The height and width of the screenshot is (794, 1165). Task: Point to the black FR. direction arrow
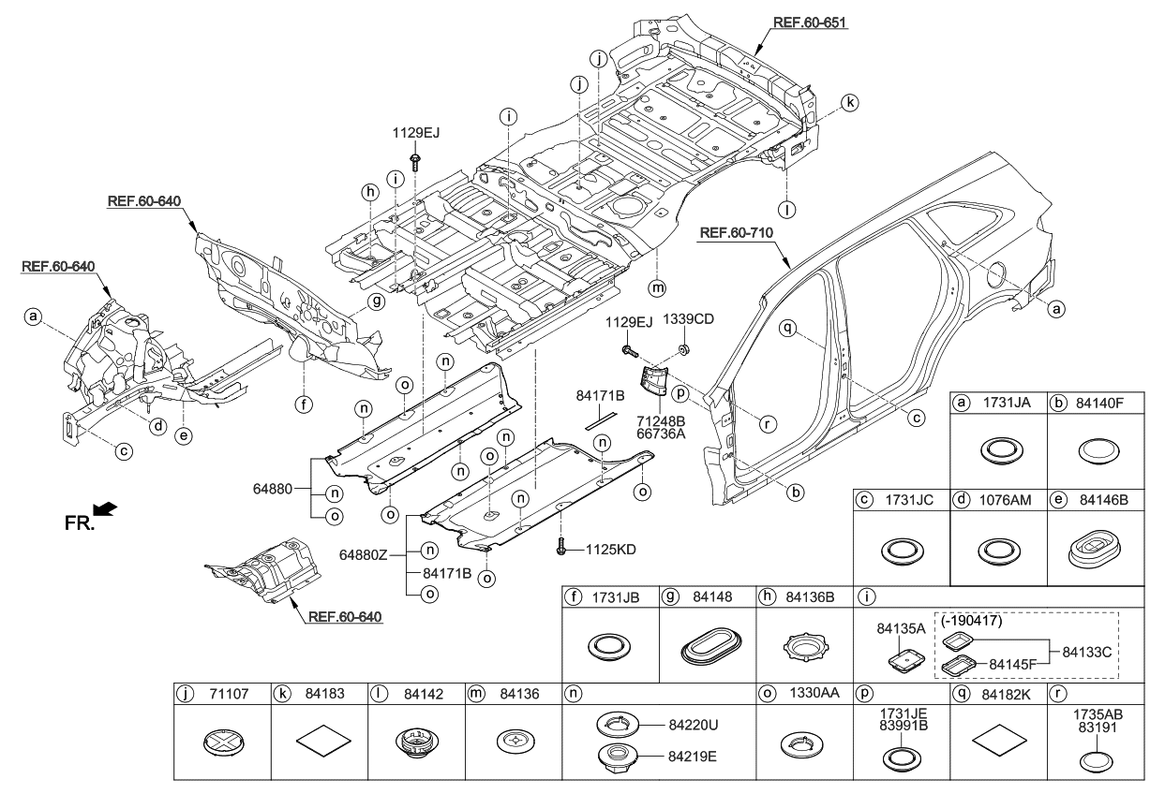click(106, 508)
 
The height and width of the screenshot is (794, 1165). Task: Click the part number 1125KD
click(610, 550)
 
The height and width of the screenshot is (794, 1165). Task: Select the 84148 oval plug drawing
click(706, 645)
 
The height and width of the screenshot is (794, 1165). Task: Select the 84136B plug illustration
click(802, 645)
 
